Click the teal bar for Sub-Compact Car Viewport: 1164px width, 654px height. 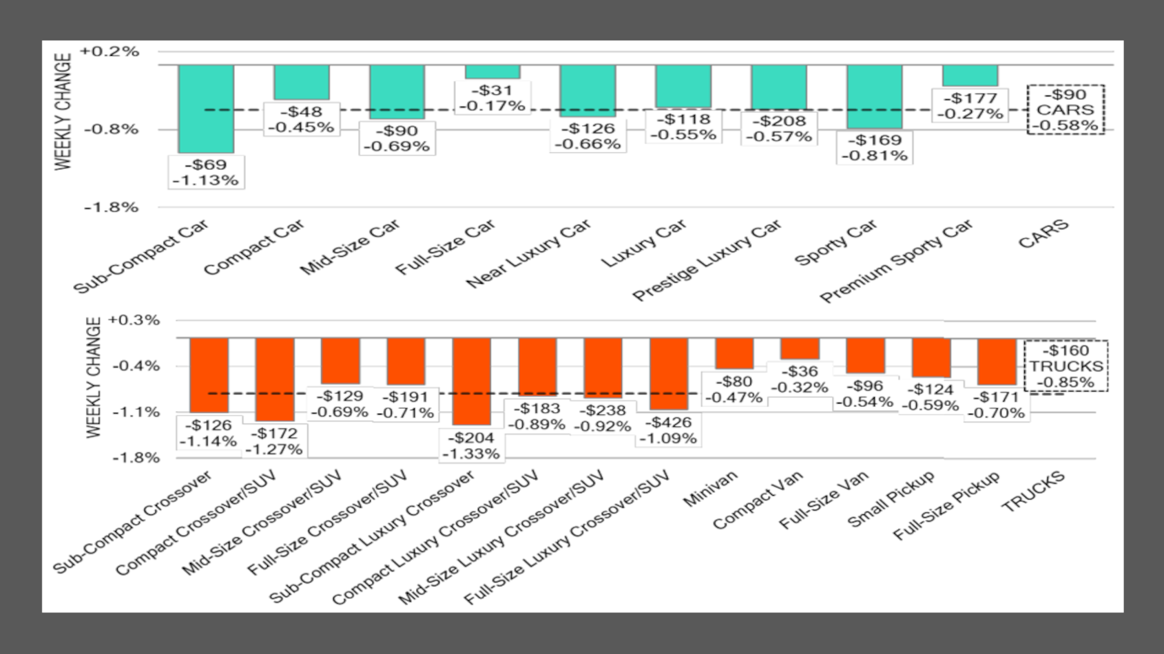tap(206, 109)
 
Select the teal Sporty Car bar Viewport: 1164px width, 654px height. tap(874, 97)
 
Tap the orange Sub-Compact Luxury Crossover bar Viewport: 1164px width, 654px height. tap(471, 381)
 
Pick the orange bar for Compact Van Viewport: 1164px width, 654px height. tap(800, 348)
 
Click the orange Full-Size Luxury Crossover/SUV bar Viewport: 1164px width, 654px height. tap(669, 374)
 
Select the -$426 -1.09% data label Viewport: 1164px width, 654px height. tap(668, 430)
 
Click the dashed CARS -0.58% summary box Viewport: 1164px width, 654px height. tap(1066, 109)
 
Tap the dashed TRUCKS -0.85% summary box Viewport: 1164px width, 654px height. tap(1066, 366)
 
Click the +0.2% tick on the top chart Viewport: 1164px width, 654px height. tap(110, 52)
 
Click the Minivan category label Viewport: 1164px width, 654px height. tap(710, 488)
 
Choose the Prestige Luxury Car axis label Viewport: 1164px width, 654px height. tap(707, 260)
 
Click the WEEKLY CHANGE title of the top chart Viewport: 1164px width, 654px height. tap(63, 112)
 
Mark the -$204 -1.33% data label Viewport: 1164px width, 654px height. tap(471, 446)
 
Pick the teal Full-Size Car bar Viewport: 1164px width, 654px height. tap(492, 72)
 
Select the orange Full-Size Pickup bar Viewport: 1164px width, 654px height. tap(997, 361)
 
